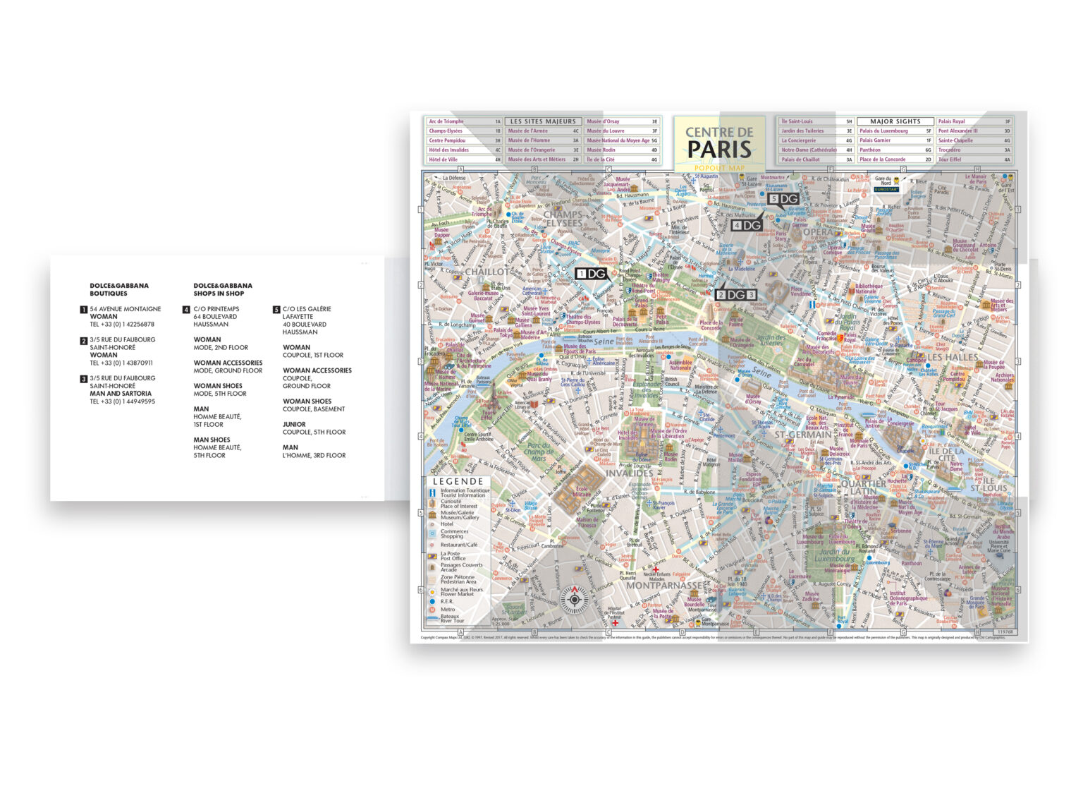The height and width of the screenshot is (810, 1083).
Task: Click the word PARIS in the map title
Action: point(719,150)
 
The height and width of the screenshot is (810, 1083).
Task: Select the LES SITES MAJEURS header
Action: point(543,121)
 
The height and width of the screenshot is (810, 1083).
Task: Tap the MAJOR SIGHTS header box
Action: point(895,121)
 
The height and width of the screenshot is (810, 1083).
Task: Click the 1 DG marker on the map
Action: point(592,274)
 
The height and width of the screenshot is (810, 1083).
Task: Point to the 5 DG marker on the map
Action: point(783,200)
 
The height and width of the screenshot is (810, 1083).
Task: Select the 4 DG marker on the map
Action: point(747,225)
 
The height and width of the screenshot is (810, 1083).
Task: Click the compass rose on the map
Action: point(574,600)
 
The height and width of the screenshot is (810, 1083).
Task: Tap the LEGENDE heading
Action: point(458,481)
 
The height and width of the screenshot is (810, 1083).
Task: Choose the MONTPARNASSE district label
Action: point(663,586)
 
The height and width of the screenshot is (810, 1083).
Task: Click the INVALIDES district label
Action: point(629,473)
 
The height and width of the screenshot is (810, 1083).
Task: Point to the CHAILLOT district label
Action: point(487,272)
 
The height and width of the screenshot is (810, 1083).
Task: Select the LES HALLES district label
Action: point(952,357)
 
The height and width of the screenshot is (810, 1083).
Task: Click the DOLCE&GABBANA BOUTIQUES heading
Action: point(118,289)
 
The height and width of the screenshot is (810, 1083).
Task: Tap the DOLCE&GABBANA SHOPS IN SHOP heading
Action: point(222,289)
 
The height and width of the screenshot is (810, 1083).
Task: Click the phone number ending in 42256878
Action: point(122,325)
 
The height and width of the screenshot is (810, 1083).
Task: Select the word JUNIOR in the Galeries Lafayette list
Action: point(294,425)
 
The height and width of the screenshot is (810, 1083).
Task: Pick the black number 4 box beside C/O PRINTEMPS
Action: point(186,309)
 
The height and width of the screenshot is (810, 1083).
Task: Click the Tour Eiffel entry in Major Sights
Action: point(949,159)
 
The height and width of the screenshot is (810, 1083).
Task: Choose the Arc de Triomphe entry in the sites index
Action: point(446,121)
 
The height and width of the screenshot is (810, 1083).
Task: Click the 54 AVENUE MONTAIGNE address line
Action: point(125,309)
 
